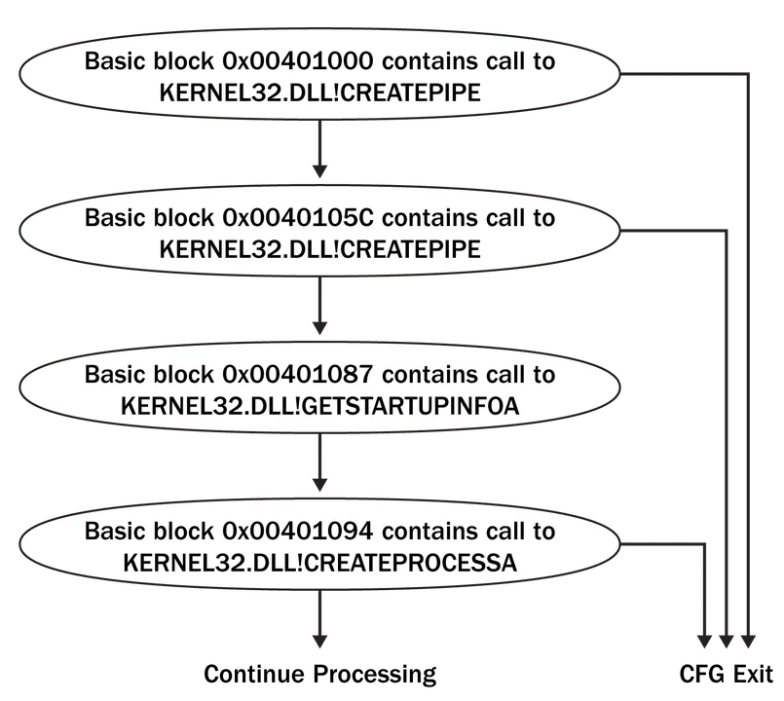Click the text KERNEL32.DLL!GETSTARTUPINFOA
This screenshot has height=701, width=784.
tap(319, 406)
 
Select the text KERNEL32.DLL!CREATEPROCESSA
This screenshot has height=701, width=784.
tap(319, 563)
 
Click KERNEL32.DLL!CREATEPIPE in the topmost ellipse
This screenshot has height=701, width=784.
tap(319, 92)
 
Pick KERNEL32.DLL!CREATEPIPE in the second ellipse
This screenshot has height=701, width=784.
tap(319, 249)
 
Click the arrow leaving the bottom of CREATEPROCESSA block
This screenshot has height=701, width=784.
tap(318, 623)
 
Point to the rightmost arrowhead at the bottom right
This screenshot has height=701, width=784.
tap(748, 642)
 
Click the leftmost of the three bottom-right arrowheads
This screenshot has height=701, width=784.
tap(703, 642)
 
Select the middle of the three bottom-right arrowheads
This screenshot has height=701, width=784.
tap(726, 642)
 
